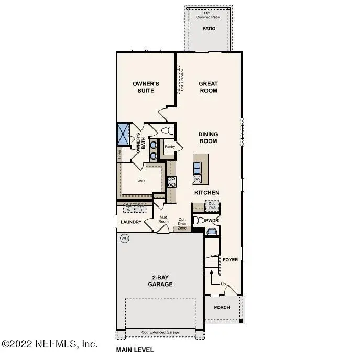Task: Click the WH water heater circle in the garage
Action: coord(125,238)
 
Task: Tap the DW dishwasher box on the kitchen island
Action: coord(197,179)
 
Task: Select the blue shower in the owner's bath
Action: coord(124,134)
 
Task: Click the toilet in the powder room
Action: coord(198,221)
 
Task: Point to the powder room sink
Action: coord(212,231)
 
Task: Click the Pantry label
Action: coord(170,147)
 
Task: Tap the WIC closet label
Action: coord(141,181)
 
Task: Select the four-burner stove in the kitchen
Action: coord(171,182)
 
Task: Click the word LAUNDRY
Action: coord(131,222)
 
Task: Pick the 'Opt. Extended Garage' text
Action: coord(160,332)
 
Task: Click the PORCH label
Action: coord(222,307)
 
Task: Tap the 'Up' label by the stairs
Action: coord(223,284)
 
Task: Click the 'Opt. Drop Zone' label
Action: coord(182,224)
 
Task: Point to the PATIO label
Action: coord(209,29)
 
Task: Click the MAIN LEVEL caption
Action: coord(135,350)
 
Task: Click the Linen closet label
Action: coord(119,154)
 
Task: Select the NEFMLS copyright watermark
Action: coord(50,344)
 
